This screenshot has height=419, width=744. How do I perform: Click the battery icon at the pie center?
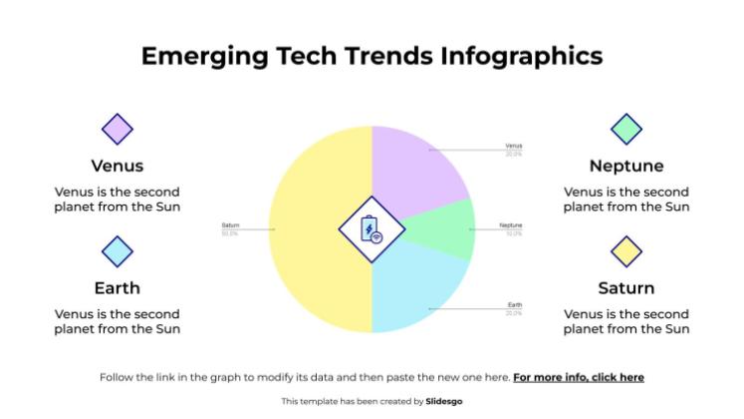pyautogui.click(x=372, y=230)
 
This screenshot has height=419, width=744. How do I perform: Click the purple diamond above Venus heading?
pyautogui.click(x=118, y=129)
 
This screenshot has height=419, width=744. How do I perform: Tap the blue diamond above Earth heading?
pyautogui.click(x=118, y=251)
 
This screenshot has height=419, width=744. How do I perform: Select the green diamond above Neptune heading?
pyautogui.click(x=626, y=129)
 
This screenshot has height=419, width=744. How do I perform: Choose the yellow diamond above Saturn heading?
pyautogui.click(x=626, y=251)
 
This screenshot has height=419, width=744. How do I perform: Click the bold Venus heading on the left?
pyautogui.click(x=118, y=166)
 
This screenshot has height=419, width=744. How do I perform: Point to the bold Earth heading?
pyautogui.click(x=118, y=288)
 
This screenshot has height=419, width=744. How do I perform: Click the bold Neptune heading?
pyautogui.click(x=626, y=166)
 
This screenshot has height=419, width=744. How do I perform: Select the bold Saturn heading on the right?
pyautogui.click(x=626, y=288)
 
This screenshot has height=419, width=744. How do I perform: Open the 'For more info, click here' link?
pyautogui.click(x=579, y=377)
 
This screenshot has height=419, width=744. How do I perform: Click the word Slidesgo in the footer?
pyautogui.click(x=443, y=401)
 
